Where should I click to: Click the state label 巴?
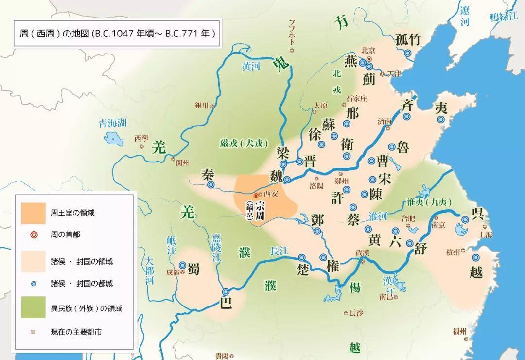(x=226, y=303)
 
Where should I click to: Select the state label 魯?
(x=403, y=147)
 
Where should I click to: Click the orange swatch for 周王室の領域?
(x=33, y=213)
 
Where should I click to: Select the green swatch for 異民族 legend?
(x=33, y=307)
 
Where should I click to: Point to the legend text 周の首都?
(x=66, y=234)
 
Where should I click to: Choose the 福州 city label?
(x=459, y=332)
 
